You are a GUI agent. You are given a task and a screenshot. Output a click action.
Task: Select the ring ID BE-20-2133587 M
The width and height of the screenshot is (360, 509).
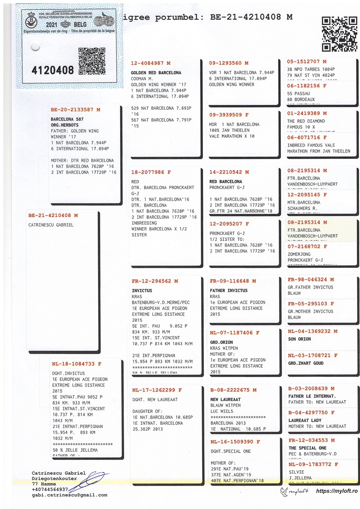(75, 109)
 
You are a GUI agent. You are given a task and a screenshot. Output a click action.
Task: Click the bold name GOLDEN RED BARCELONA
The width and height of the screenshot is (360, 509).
(156, 72)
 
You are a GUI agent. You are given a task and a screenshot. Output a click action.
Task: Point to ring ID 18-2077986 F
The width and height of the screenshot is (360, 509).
(151, 172)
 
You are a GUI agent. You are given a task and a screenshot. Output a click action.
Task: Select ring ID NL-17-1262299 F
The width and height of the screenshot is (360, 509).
(157, 390)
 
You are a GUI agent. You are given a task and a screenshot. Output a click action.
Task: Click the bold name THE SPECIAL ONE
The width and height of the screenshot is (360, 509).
(307, 448)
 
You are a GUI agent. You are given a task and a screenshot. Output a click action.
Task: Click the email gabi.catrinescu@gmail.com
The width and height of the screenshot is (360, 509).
(69, 495)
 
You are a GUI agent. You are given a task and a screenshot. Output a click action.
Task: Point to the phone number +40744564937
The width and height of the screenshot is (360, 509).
(50, 489)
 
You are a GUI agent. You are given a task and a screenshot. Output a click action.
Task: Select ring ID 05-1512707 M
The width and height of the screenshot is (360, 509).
(307, 61)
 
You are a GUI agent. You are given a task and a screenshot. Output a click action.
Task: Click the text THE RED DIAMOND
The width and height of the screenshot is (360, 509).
(306, 121)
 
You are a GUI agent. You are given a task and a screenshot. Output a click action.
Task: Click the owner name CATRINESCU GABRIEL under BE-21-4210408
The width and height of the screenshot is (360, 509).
(50, 225)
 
